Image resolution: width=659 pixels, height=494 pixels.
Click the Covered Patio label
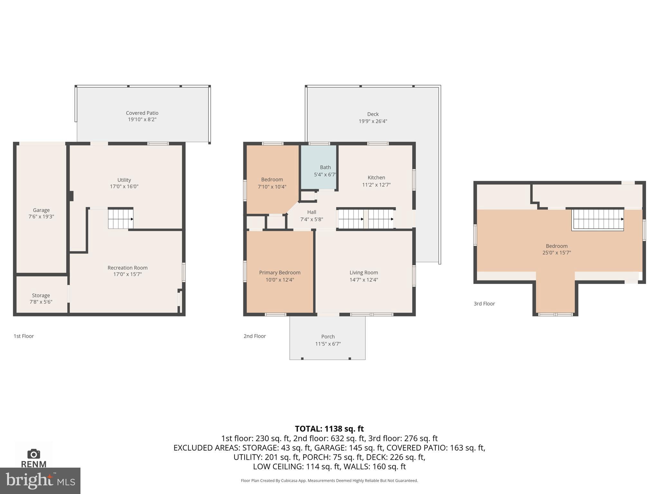point(142,113)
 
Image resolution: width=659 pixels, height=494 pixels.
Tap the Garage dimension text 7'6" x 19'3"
point(41,217)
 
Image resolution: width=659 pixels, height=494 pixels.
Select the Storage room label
point(41,295)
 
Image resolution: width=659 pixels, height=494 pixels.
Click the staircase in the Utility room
point(120,219)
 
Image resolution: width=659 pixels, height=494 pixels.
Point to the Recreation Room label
point(127,268)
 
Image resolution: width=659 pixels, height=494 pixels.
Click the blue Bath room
point(319,167)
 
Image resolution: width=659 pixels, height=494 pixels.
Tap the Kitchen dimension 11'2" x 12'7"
point(376,185)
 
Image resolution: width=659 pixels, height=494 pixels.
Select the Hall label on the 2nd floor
point(311,212)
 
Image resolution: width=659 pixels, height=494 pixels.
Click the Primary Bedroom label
point(280,272)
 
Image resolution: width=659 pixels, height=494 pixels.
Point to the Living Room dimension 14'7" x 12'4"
point(364,280)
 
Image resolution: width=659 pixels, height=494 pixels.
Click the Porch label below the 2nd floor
point(328,336)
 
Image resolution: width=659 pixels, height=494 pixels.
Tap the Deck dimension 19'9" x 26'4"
point(373,121)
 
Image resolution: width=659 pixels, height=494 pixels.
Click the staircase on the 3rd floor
point(598,219)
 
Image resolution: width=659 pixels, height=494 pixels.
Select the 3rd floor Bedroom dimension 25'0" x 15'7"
point(556,253)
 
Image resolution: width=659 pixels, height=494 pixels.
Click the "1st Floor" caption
point(23,336)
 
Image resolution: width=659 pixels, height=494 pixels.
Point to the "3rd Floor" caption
point(484,304)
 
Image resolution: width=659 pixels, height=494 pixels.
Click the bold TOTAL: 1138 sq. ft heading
point(329,429)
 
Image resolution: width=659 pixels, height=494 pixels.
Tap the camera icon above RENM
point(33,454)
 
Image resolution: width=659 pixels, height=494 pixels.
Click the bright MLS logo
point(40,481)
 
